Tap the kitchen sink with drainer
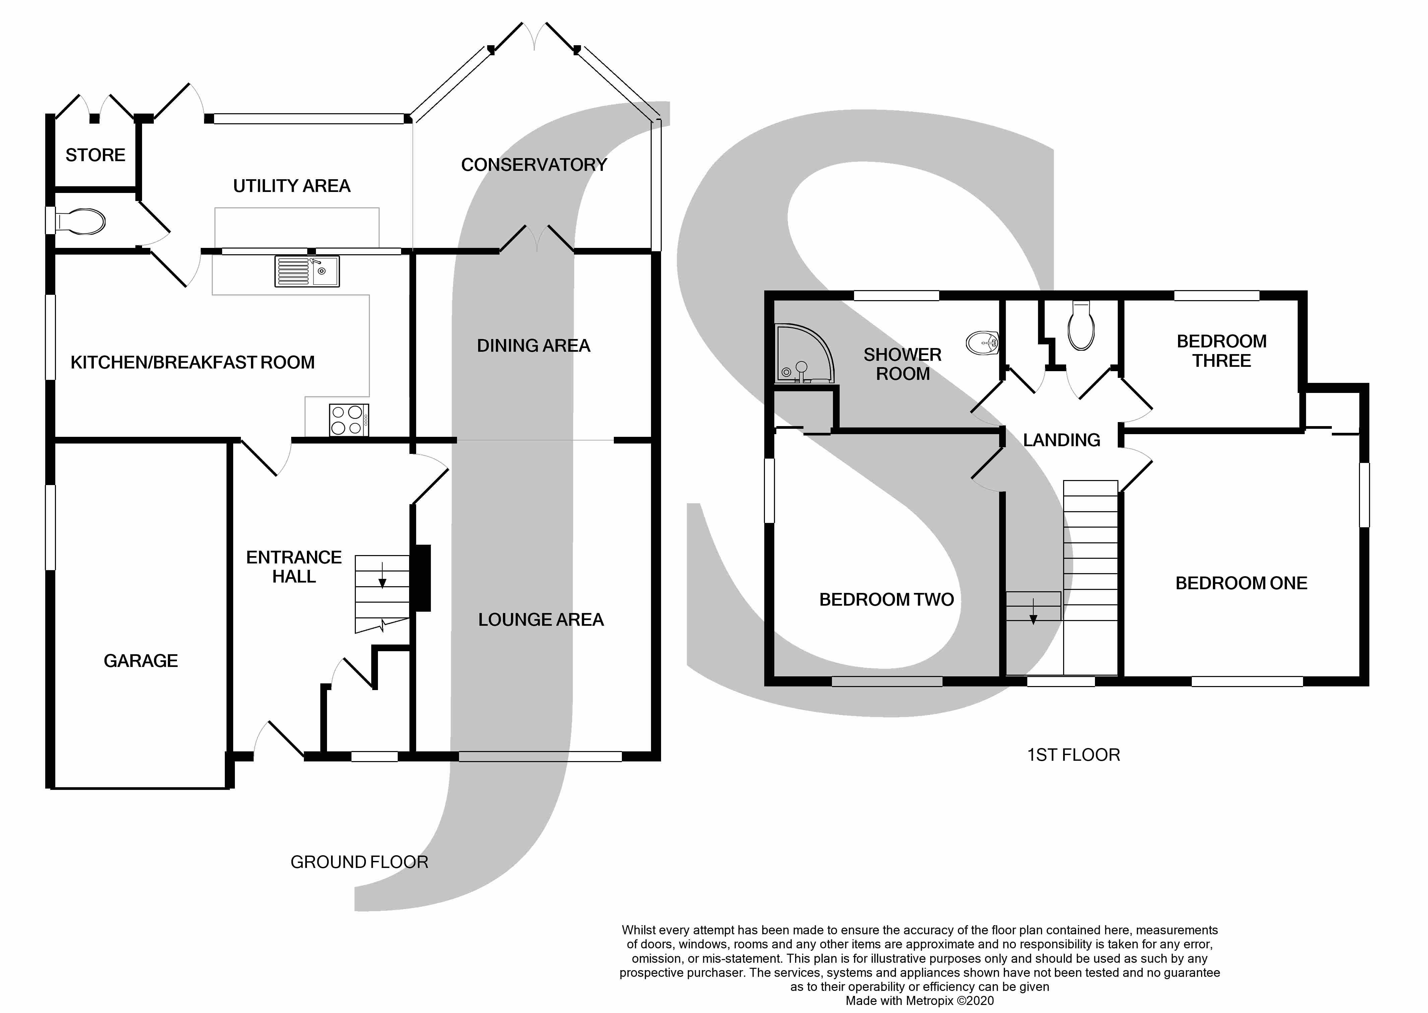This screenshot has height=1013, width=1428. coord(307,271)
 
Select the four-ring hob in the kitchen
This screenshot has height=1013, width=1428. coord(349,420)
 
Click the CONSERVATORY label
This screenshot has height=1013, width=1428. coord(534,165)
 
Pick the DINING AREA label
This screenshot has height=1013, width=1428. coord(533,346)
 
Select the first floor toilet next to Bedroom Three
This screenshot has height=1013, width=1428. coord(1081,326)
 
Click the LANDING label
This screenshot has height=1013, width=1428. coord(1062,441)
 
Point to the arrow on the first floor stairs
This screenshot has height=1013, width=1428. coord(1033,611)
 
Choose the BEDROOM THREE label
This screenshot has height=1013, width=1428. coord(1222,351)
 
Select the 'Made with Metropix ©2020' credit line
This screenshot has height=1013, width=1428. coord(920,1001)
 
